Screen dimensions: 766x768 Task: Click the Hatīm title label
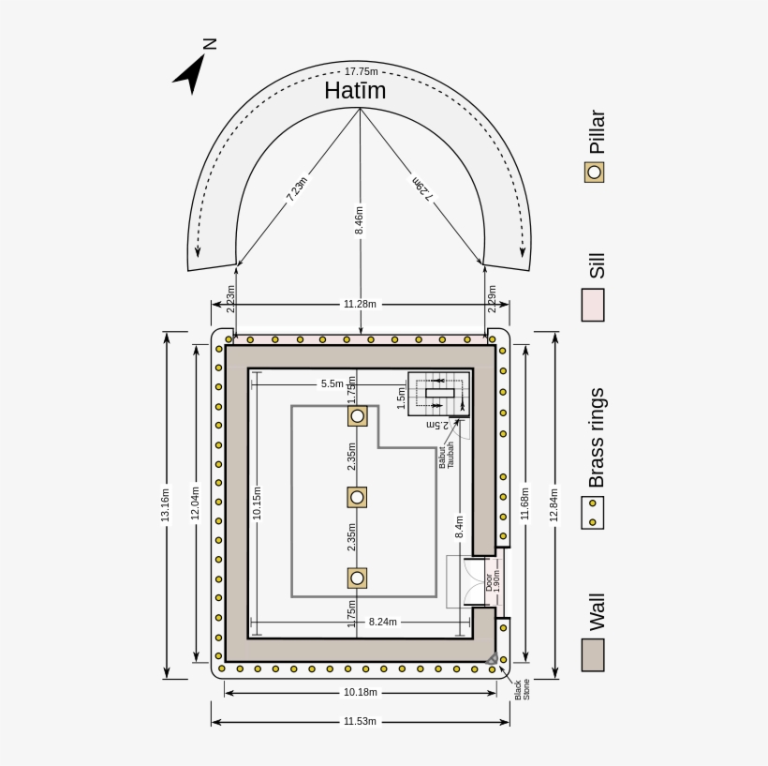coord(355,91)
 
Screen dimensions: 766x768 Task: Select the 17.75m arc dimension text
coord(361,71)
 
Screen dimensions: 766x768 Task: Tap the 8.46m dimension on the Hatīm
coord(360,220)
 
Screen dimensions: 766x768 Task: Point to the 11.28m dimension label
coord(360,304)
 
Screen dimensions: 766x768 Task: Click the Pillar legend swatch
coord(594,173)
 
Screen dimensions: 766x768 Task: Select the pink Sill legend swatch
coord(593,305)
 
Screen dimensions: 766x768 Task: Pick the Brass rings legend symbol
coord(593,512)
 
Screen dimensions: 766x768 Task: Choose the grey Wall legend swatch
coord(593,654)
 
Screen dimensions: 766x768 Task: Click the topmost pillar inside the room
coord(357,416)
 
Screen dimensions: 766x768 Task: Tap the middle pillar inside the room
coord(357,497)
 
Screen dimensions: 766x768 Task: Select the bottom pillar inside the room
coord(357,578)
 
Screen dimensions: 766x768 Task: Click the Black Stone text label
coord(522,689)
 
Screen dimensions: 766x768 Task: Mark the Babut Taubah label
coord(446,455)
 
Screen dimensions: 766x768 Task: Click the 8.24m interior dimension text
coord(382,622)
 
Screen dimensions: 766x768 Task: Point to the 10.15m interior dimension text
coord(257,503)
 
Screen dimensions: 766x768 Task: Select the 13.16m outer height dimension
coord(167,504)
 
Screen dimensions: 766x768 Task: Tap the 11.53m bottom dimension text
coord(360,721)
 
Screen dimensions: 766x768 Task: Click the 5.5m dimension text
coord(332,383)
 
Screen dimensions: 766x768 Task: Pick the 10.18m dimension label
coord(360,692)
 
